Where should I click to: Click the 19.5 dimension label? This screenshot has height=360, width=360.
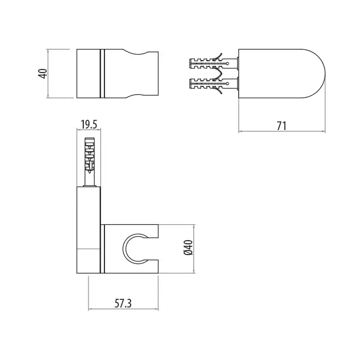pos(89,124)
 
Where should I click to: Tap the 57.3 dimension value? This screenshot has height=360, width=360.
pos(123,303)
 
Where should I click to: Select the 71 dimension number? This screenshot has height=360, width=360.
pos(281,126)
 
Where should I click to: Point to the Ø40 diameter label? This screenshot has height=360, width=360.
pos(188,247)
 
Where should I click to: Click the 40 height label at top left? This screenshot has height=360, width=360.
pos(44,74)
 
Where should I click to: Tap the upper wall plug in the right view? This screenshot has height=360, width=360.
pos(213,62)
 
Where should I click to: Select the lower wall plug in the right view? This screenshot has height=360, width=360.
pos(213,84)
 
